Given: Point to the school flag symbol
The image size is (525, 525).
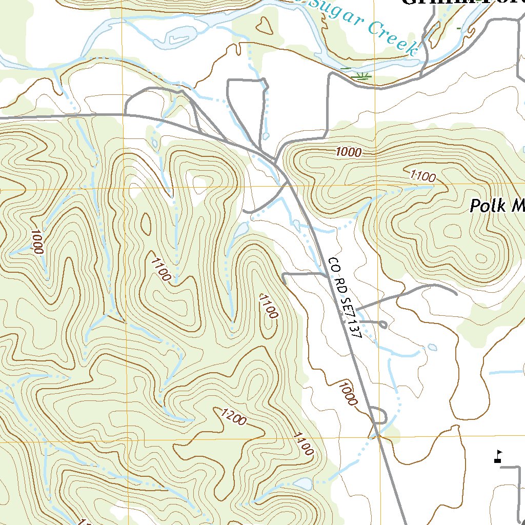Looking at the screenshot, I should [x=497, y=456].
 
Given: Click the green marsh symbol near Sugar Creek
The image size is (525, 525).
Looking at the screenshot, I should [x=363, y=76].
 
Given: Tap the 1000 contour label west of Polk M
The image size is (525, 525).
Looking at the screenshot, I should [x=349, y=152].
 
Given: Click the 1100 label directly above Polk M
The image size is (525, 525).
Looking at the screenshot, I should [x=423, y=177].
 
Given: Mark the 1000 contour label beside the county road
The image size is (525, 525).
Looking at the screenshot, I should [x=348, y=393].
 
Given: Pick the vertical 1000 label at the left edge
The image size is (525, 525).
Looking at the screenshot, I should [x=37, y=241].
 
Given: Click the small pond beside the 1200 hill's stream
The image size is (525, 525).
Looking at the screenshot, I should [x=302, y=483].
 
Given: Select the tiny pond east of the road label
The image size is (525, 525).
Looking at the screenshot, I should [x=433, y=347].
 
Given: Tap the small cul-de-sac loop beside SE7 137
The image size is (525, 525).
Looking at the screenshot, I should [x=382, y=324].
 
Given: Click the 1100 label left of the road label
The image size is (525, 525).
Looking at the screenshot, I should [x=268, y=306].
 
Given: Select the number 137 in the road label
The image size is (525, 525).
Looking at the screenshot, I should [x=355, y=331].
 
